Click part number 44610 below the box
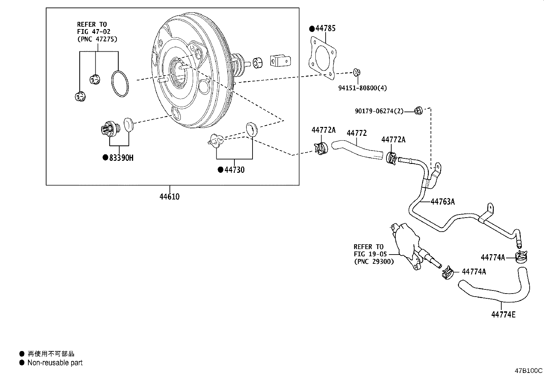point(169,197)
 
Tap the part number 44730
point(234,170)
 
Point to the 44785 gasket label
point(325,28)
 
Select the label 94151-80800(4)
point(363,88)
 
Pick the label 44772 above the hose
point(356,133)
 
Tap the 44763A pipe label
point(443,202)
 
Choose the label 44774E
point(503,314)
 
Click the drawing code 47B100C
point(529,371)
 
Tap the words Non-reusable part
point(55,363)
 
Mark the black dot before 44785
point(312,29)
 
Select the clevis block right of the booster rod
point(281,61)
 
